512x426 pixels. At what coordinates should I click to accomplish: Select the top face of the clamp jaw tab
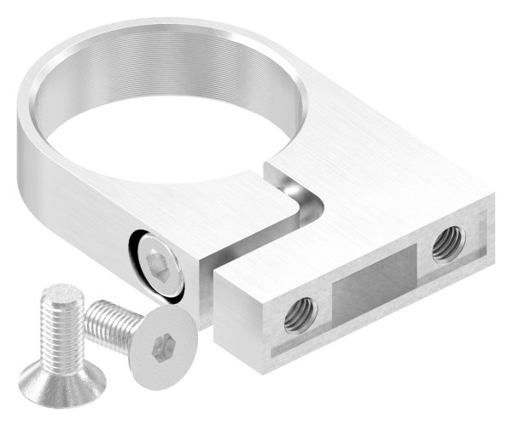pyautogui.click(x=243, y=209)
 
